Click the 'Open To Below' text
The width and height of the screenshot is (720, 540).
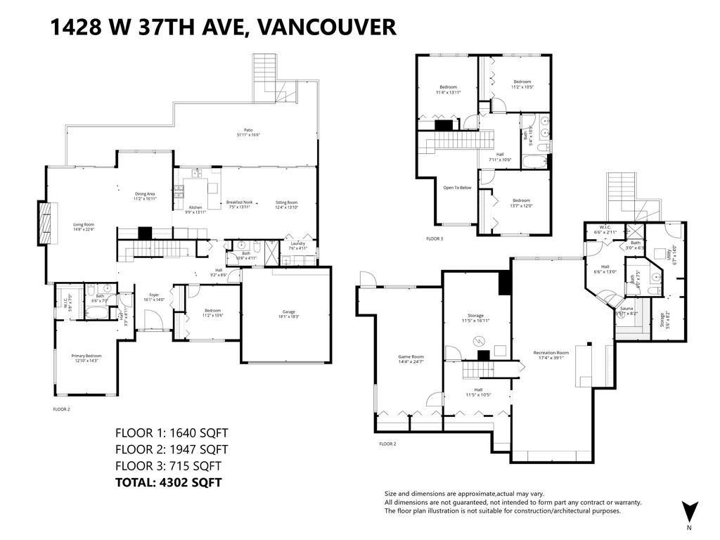456,188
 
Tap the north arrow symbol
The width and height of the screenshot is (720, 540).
688,511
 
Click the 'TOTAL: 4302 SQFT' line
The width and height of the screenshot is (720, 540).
168,482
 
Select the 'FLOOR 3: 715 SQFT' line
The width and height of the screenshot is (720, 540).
168,465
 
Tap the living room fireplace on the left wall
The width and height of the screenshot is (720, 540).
46,222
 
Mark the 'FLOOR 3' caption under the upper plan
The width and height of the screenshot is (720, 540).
435,239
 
